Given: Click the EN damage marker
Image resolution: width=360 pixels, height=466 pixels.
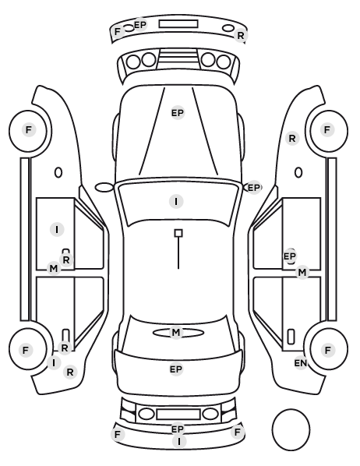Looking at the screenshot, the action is pyautogui.click(x=300, y=363).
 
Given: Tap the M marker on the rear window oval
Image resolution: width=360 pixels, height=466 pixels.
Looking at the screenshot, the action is pyautogui.click(x=176, y=332).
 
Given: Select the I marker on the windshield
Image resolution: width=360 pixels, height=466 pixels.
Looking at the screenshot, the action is pyautogui.click(x=176, y=202).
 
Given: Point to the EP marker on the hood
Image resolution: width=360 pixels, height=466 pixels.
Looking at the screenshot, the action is pyautogui.click(x=178, y=113).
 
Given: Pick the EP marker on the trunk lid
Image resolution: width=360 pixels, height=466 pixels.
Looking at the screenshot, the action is pyautogui.click(x=176, y=369).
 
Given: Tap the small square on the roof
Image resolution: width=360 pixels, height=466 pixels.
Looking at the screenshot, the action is pyautogui.click(x=178, y=233).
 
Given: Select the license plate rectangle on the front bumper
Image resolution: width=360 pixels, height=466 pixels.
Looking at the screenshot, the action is pyautogui.click(x=178, y=24).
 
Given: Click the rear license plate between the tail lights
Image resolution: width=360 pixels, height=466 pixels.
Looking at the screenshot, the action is pyautogui.click(x=178, y=415).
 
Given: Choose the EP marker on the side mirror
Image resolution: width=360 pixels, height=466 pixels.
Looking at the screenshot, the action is pyautogui.click(x=253, y=188).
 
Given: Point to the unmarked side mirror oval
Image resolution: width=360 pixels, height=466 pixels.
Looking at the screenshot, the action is pyautogui.click(x=104, y=188).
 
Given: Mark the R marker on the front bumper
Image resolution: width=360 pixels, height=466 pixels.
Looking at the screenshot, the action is pyautogui.click(x=240, y=36).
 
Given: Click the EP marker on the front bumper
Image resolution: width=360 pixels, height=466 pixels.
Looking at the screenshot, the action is pyautogui.click(x=140, y=25).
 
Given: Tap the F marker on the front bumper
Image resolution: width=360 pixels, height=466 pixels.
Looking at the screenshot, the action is pyautogui.click(x=118, y=31).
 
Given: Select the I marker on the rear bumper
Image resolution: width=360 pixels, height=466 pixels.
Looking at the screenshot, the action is pyautogui.click(x=179, y=442).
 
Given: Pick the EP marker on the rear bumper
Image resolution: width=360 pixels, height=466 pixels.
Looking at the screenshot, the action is pyautogui.click(x=178, y=429).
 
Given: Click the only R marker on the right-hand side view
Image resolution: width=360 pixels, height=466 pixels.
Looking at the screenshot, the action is pyautogui.click(x=292, y=138).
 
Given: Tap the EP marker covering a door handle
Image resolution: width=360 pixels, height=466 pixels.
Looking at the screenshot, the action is pyautogui.click(x=290, y=256).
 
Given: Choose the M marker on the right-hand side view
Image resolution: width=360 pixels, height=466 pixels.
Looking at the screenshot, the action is pyautogui.click(x=302, y=272).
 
